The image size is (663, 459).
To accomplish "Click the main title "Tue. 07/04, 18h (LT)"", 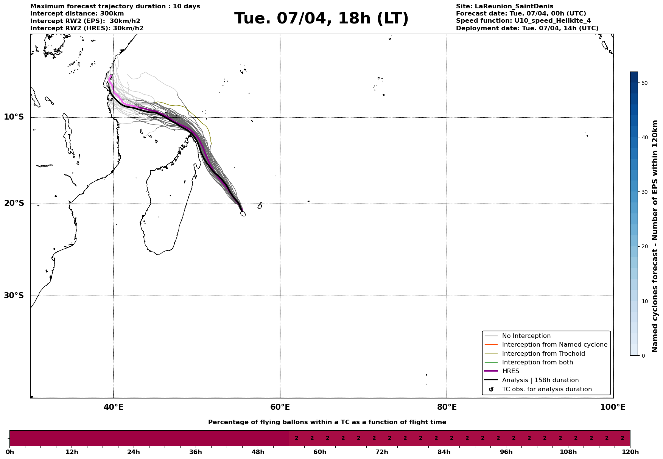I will (x=321, y=19).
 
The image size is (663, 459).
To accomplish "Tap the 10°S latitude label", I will (x=14, y=117).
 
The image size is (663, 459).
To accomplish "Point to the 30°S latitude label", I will (x=14, y=296).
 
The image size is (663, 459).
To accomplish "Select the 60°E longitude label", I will (x=280, y=407).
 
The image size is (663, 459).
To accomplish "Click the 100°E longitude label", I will (x=613, y=407).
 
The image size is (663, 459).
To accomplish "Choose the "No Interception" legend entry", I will (x=526, y=336).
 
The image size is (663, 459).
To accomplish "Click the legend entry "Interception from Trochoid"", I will (x=543, y=354).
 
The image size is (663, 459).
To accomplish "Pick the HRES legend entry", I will (x=510, y=371).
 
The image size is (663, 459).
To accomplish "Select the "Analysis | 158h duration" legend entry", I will (x=540, y=380).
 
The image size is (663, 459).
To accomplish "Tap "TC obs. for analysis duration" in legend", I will (x=546, y=389).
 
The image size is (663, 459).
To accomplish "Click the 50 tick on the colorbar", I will (x=645, y=83).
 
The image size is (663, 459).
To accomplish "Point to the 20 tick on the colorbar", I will (x=645, y=247).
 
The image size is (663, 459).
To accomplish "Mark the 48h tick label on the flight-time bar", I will (x=258, y=452).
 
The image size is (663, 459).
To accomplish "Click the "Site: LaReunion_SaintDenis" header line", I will (x=504, y=6).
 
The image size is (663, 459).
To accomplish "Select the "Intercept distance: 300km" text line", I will (x=77, y=14).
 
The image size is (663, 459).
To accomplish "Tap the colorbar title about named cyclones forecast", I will (x=655, y=236).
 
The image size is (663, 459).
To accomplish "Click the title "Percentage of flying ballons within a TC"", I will (x=327, y=422).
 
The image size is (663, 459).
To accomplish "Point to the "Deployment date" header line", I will (x=527, y=28).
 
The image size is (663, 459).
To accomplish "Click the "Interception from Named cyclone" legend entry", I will (x=554, y=345).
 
